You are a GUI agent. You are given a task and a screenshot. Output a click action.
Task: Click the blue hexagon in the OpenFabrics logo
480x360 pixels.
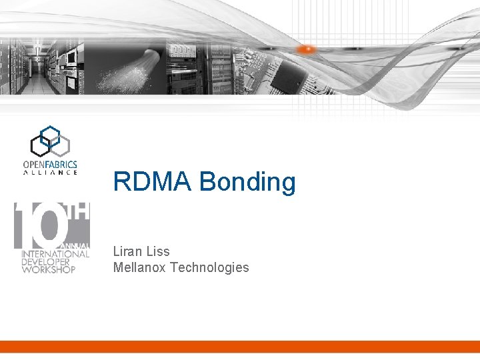50,134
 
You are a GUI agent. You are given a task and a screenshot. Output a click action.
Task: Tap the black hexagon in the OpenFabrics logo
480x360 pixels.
40,145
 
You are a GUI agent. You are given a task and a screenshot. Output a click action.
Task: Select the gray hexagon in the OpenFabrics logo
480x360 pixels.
61,143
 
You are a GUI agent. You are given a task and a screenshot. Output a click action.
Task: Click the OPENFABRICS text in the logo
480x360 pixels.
50,164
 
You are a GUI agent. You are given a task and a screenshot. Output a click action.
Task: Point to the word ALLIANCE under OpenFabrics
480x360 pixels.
50,173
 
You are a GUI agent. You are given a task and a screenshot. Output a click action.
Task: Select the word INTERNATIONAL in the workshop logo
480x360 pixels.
55,254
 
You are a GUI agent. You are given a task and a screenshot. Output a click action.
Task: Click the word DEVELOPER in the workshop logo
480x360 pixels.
48,261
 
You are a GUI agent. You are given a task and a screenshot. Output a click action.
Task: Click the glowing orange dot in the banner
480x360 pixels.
307,49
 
